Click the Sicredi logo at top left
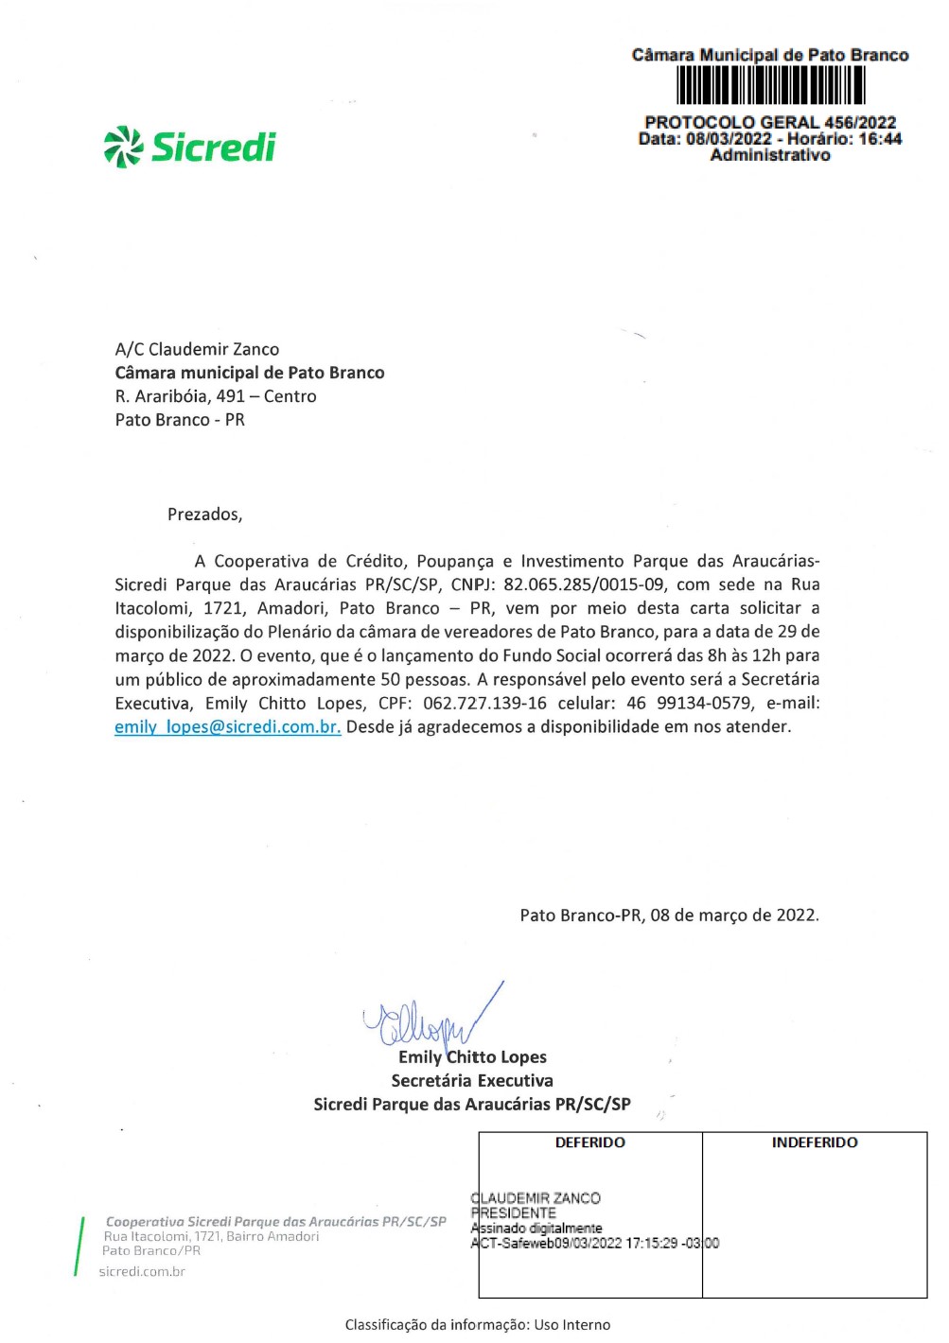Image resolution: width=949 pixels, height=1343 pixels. point(189,147)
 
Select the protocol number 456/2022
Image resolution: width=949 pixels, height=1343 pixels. point(860,122)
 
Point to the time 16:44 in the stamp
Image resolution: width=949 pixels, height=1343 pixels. point(880,139)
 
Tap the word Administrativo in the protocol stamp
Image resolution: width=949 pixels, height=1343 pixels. point(770,155)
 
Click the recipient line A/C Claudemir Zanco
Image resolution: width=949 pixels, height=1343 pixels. point(197,349)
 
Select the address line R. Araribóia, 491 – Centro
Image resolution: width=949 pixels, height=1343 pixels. point(216,396)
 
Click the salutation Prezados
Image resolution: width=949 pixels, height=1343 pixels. point(204,515)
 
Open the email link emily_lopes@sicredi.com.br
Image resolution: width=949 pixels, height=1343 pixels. point(227,726)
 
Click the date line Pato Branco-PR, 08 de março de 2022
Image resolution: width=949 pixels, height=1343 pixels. point(669,915)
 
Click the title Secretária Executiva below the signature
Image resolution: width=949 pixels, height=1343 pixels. point(472,1080)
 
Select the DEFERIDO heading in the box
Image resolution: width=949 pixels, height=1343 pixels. point(589,1142)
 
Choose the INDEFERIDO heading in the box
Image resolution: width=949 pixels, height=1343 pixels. point(814,1142)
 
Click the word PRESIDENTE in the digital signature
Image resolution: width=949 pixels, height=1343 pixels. point(514,1212)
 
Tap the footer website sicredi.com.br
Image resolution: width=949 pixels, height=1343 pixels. point(142,1271)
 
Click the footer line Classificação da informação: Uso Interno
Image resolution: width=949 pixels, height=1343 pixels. point(478,1324)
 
